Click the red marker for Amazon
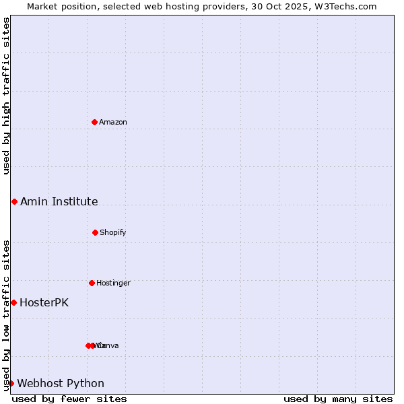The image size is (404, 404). pos(95,122)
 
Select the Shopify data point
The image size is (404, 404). pos(95,232)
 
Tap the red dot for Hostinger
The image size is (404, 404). pos(92,283)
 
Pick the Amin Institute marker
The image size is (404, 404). pos(14,201)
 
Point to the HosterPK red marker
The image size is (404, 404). pos(13,302)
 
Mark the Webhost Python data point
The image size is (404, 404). pos(11,383)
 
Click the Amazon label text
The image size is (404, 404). pos(113,122)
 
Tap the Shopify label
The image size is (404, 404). pos(113,232)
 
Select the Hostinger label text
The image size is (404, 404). pos(113,283)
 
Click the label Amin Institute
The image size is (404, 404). pos(59,201)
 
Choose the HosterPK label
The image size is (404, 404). pos(44,302)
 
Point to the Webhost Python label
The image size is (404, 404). pos(61,383)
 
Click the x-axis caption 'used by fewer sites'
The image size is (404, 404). pos(69,399)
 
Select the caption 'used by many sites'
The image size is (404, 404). pos(338,399)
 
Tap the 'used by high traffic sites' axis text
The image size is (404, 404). pos(6,96)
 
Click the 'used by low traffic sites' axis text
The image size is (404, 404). pos(6,314)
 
